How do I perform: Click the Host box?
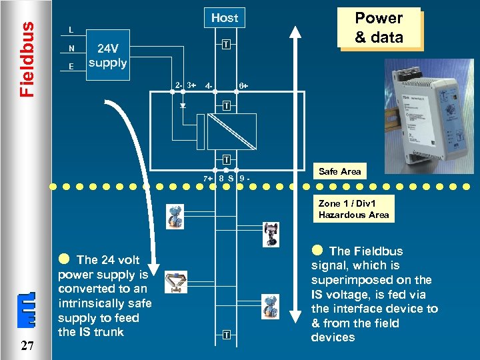click(225, 18)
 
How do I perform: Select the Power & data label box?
click(379, 28)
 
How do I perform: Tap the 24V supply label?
click(107, 56)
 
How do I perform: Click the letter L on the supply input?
click(71, 29)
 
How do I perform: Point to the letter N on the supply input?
click(71, 48)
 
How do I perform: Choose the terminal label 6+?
click(244, 86)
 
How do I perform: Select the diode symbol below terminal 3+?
click(183, 105)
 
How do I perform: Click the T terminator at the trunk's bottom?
click(227, 333)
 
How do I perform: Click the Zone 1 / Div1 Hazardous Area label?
click(353, 209)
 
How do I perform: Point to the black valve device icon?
click(271, 233)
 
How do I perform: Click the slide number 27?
click(27, 345)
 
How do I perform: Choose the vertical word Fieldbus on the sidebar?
click(26, 59)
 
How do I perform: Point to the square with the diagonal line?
click(231, 131)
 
